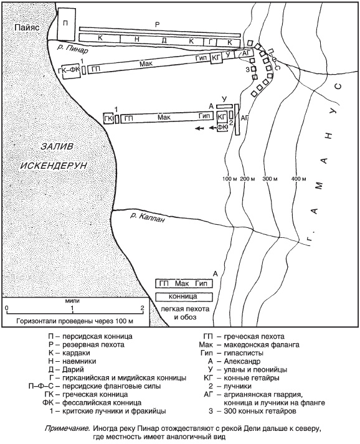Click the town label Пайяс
pyautogui.click(x=27, y=27)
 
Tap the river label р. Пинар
pyautogui.click(x=73, y=49)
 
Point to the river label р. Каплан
pyautogui.click(x=147, y=217)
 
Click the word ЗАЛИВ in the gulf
pyautogui.click(x=57, y=147)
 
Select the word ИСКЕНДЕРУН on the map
pyautogui.click(x=54, y=166)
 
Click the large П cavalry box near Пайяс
pyautogui.click(x=67, y=24)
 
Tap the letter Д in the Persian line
pyautogui.click(x=164, y=40)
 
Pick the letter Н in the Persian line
pyautogui.click(x=137, y=39)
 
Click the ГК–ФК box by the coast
pyautogui.click(x=72, y=71)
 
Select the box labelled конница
pyautogui.click(x=184, y=297)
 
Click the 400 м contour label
pyautogui.click(x=298, y=179)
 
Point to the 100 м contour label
pyautogui.click(x=229, y=179)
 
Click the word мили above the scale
pyautogui.click(x=72, y=301)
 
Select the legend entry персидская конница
pyautogui.click(x=97, y=337)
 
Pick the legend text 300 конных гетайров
pyautogui.click(x=260, y=411)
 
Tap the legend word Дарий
pyautogui.click(x=73, y=370)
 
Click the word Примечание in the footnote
pyautogui.click(x=68, y=428)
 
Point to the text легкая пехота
pyautogui.click(x=185, y=309)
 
